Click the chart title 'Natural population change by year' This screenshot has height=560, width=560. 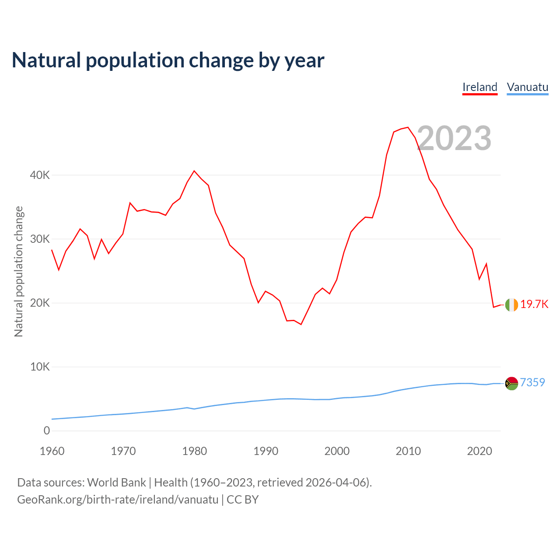point(168,60)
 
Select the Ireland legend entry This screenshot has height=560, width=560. point(480,87)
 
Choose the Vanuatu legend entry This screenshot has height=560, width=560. point(527,87)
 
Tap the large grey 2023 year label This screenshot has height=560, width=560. point(454,138)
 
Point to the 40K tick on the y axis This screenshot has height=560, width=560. point(40,175)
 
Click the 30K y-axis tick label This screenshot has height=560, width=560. point(40,239)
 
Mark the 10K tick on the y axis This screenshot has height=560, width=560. point(40,367)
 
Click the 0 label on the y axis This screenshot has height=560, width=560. point(47,430)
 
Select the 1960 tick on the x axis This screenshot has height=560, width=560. point(52,451)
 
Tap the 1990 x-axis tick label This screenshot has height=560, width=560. point(266,451)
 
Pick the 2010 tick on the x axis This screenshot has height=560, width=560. point(408,451)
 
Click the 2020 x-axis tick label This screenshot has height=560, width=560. point(479,451)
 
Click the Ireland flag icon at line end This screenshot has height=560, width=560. point(511,305)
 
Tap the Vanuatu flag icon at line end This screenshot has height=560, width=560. point(511,383)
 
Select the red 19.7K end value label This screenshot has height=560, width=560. point(534,304)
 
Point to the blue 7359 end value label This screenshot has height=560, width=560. point(532,382)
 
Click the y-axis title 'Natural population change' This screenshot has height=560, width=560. point(19,272)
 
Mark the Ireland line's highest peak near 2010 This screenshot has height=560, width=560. point(408,127)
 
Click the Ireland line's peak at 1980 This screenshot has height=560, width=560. point(194,171)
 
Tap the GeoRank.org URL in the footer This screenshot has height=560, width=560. point(118,500)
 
